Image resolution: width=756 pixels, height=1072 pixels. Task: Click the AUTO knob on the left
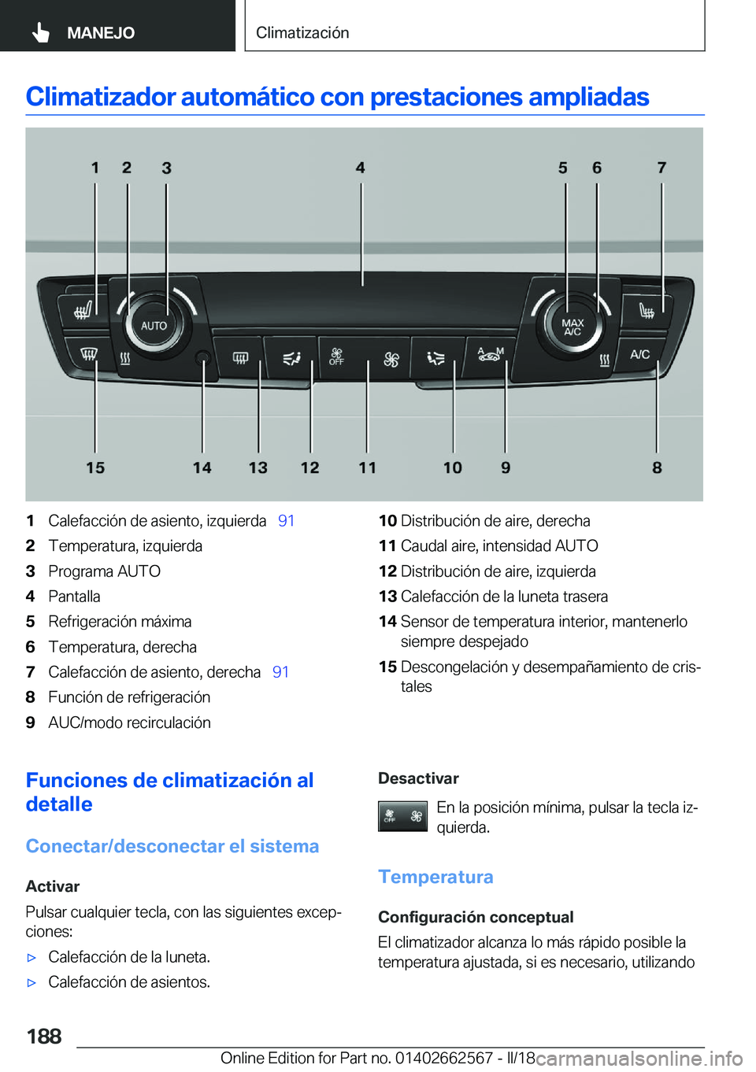coord(154,325)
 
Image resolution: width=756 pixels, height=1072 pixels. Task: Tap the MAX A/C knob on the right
coord(573,327)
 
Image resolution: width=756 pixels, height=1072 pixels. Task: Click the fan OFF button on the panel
coord(337,357)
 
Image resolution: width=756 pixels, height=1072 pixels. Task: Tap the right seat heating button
coord(646,310)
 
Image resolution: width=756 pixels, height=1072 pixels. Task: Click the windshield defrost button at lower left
coord(88,354)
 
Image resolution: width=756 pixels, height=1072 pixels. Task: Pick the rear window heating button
coord(240,358)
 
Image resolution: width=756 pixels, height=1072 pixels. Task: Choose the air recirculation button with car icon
coord(490,355)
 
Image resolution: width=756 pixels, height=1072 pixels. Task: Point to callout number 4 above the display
coord(360,168)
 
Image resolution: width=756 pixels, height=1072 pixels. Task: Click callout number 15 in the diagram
coord(95,468)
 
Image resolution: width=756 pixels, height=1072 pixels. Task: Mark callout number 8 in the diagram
coord(657,468)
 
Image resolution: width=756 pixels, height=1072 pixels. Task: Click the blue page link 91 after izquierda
coord(286,521)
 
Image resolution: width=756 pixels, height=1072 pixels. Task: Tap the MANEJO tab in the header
coord(100,33)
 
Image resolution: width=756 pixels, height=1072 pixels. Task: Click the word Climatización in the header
coord(302,33)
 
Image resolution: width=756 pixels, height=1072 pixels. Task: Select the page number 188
coord(44,1036)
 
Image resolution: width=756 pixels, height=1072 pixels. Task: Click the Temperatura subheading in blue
coord(435,877)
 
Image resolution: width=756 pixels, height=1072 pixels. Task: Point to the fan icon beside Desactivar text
coord(402,817)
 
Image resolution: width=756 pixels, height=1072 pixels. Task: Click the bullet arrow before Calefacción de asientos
coord(32,983)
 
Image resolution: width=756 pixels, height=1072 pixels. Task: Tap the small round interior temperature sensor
coord(202,358)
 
